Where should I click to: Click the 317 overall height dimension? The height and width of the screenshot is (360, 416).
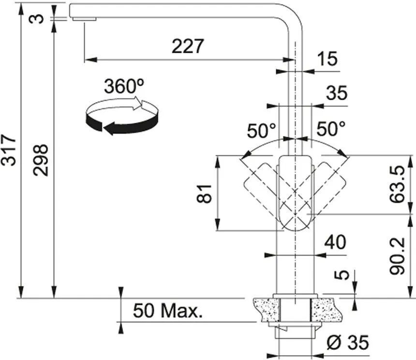coord(8,150)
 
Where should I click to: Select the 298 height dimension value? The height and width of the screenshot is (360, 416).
coord(41,160)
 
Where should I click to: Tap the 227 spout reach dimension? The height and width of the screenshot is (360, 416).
coord(188,46)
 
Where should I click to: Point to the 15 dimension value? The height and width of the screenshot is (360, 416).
coord(328,59)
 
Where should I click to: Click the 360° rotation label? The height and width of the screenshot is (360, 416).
coord(124,86)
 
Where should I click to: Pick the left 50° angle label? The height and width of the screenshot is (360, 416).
coord(262,131)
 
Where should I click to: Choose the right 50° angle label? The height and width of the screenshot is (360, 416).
coord(331,129)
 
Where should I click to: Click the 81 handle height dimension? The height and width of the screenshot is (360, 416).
coord(204,194)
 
